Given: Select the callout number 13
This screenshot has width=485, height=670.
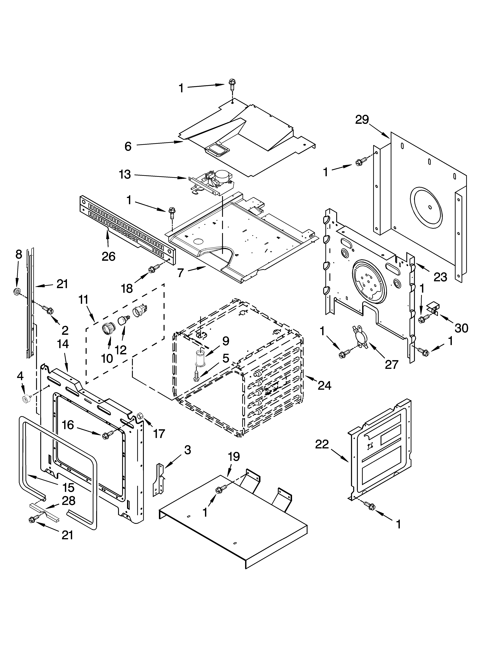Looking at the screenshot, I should (x=125, y=175).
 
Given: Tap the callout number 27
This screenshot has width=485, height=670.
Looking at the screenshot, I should (x=392, y=364).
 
